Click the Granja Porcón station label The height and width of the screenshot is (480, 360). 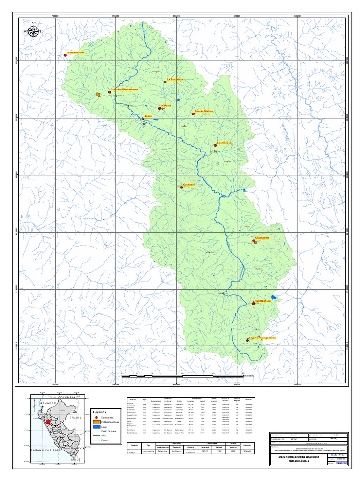click(x=75, y=53)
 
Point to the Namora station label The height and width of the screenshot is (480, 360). click(x=166, y=106)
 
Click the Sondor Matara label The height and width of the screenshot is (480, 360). click(x=204, y=111)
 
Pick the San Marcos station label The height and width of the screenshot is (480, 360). click(x=224, y=143)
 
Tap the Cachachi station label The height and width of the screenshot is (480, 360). click(x=188, y=184)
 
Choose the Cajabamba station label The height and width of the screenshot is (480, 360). click(x=262, y=238)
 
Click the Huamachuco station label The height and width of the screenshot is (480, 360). click(x=263, y=300)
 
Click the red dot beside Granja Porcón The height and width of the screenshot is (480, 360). click(x=65, y=56)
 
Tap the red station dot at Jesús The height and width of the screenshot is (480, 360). click(x=143, y=119)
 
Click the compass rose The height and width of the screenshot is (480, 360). click(x=33, y=31)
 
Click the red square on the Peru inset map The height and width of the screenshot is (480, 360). click(x=48, y=422)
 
